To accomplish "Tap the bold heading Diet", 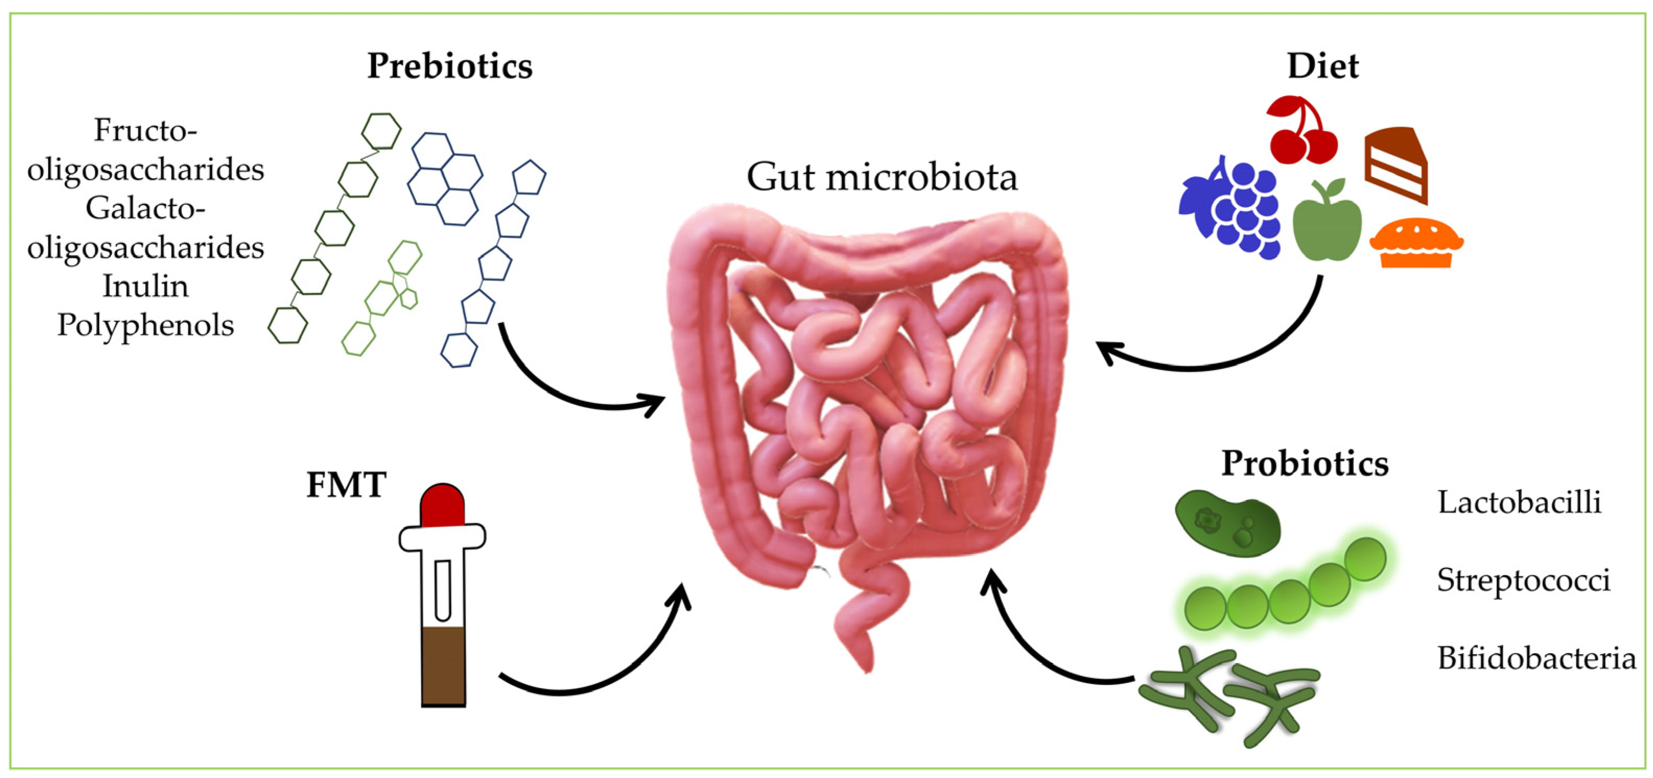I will (x=1323, y=67).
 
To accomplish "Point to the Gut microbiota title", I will (x=882, y=177).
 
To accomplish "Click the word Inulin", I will (x=146, y=286).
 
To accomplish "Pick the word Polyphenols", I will (x=146, y=326).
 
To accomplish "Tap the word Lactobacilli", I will (x=1519, y=503).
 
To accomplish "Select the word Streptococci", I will (x=1523, y=580).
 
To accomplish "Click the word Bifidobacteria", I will (x=1536, y=658).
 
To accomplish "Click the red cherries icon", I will (x=1303, y=132).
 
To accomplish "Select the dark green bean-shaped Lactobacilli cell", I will (x=1227, y=524).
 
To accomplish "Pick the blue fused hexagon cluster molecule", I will (x=445, y=178).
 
